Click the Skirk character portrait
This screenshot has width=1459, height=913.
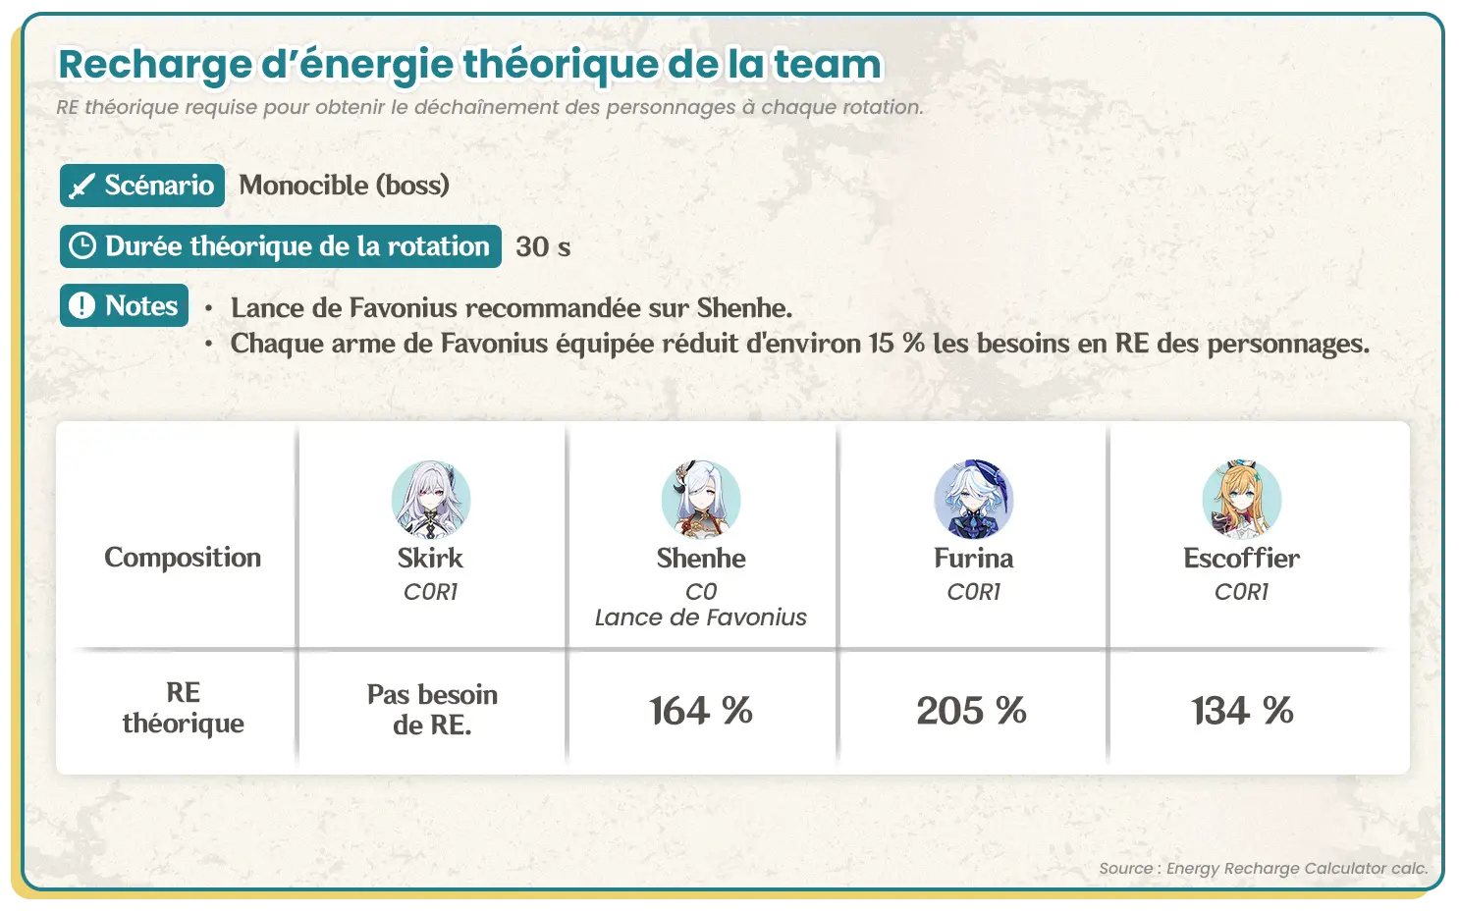coord(431,500)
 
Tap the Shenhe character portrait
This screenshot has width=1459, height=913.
coord(701,500)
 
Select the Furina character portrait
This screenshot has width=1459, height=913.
coord(974,500)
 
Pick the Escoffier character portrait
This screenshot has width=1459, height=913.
coord(1241,500)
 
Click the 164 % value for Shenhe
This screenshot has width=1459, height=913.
coord(701,710)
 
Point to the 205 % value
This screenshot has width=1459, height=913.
coord(971,710)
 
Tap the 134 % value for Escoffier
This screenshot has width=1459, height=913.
coord(1242,710)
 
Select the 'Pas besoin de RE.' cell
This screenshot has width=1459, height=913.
coord(432,710)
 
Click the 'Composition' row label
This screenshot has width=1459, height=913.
coord(183,558)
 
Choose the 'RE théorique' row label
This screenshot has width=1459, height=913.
coord(183,708)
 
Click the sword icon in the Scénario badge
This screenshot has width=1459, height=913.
coord(82,187)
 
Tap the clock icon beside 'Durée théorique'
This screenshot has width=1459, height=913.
coord(82,246)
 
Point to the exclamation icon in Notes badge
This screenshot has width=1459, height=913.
coord(82,304)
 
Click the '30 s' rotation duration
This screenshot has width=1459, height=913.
coord(543,246)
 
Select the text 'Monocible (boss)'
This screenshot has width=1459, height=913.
coord(344,186)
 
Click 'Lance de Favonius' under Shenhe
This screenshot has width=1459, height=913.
coord(701,618)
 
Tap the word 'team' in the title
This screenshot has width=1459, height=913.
coord(828,64)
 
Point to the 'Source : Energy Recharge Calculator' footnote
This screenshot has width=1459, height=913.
coord(1264,868)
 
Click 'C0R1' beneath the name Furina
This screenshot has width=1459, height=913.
coord(974,592)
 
